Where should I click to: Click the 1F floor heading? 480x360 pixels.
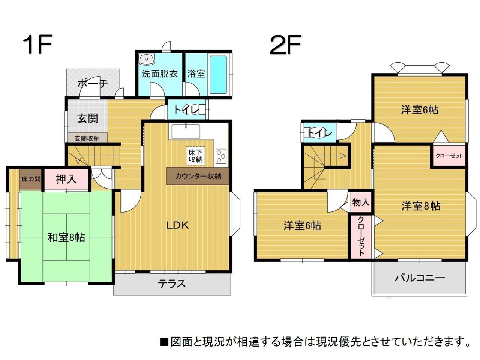pyautogui.click(x=37, y=44)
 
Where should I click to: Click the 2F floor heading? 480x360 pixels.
pyautogui.click(x=285, y=44)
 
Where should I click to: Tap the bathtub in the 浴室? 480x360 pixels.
pyautogui.click(x=218, y=75)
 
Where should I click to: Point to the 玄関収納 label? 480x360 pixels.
pyautogui.click(x=87, y=138)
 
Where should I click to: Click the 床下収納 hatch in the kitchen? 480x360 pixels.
pyautogui.click(x=195, y=156)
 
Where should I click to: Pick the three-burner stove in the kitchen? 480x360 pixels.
pyautogui.click(x=221, y=156)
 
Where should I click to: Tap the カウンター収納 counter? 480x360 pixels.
pyautogui.click(x=198, y=176)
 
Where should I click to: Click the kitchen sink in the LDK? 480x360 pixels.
pyautogui.click(x=186, y=132)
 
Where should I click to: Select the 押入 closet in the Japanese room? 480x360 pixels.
pyautogui.click(x=66, y=179)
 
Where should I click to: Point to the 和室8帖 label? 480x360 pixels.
pyautogui.click(x=66, y=237)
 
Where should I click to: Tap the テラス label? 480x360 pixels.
pyautogui.click(x=172, y=284)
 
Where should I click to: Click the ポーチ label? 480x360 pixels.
pyautogui.click(x=93, y=84)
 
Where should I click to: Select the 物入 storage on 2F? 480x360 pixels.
pyautogui.click(x=361, y=202)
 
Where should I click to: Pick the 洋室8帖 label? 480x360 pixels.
pyautogui.click(x=421, y=206)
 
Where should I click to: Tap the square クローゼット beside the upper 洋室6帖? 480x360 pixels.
pyautogui.click(x=449, y=156)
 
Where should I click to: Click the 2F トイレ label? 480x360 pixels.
pyautogui.click(x=319, y=133)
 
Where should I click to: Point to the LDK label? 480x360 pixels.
pyautogui.click(x=177, y=225)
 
